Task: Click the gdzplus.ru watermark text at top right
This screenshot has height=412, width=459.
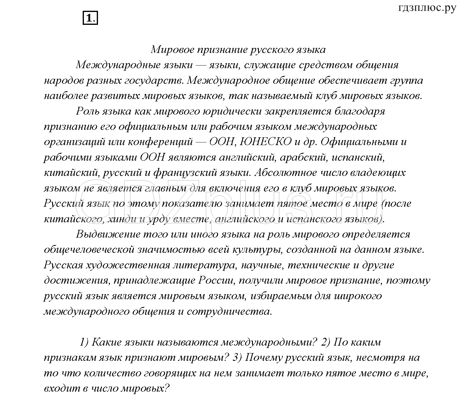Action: pos(427,8)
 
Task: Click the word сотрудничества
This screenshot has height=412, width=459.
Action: pos(230,311)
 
